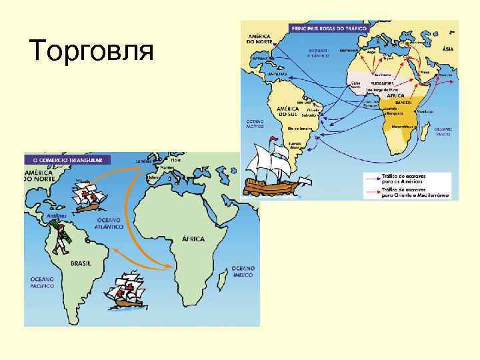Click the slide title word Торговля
point(92,51)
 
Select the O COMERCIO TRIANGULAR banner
point(67,160)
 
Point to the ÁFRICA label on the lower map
point(193,238)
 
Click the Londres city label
point(144,161)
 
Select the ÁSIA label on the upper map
point(448,49)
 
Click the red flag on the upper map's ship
point(273,139)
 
